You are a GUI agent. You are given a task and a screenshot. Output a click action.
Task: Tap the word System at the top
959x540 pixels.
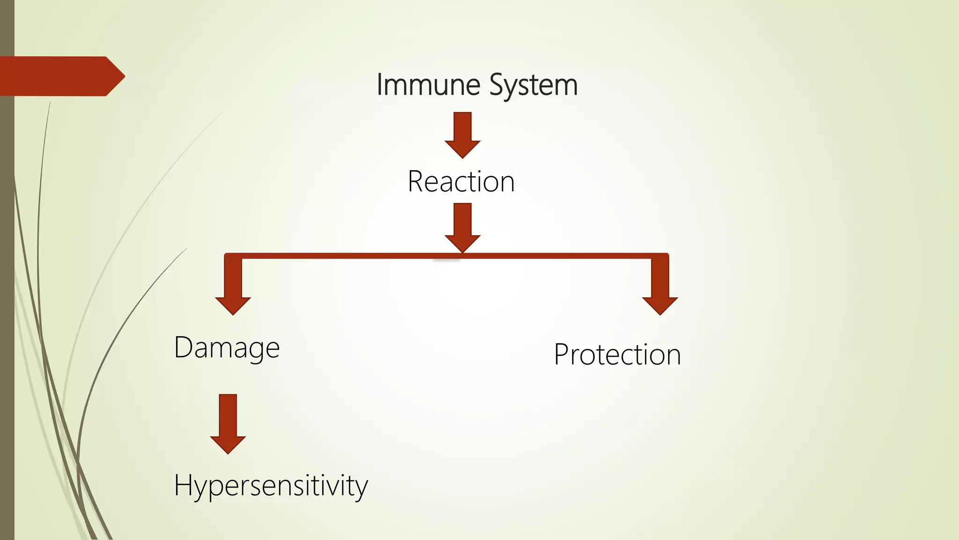(x=533, y=86)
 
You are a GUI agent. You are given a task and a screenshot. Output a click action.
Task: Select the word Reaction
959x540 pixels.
(x=461, y=181)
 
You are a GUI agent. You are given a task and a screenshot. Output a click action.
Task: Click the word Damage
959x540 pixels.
(x=227, y=348)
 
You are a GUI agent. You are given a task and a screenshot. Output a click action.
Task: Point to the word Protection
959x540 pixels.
(x=617, y=354)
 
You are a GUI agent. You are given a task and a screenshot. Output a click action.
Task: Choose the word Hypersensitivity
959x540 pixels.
(x=271, y=486)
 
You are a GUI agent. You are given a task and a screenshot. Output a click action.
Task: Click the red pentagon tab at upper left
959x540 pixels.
(x=61, y=76)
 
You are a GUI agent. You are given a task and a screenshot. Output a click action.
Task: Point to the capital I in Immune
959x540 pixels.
(x=380, y=85)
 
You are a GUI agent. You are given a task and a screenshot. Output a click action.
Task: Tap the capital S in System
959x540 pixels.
(x=498, y=85)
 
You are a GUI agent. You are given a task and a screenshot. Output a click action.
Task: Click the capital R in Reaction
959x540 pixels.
(x=416, y=181)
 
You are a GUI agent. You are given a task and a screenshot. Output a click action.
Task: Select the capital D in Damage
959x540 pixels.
(x=183, y=347)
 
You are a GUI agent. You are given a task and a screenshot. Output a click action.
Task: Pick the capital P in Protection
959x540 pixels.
(x=562, y=354)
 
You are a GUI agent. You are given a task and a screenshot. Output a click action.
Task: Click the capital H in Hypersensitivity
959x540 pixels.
(x=183, y=485)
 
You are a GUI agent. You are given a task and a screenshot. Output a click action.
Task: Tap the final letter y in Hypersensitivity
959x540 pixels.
(x=361, y=487)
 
